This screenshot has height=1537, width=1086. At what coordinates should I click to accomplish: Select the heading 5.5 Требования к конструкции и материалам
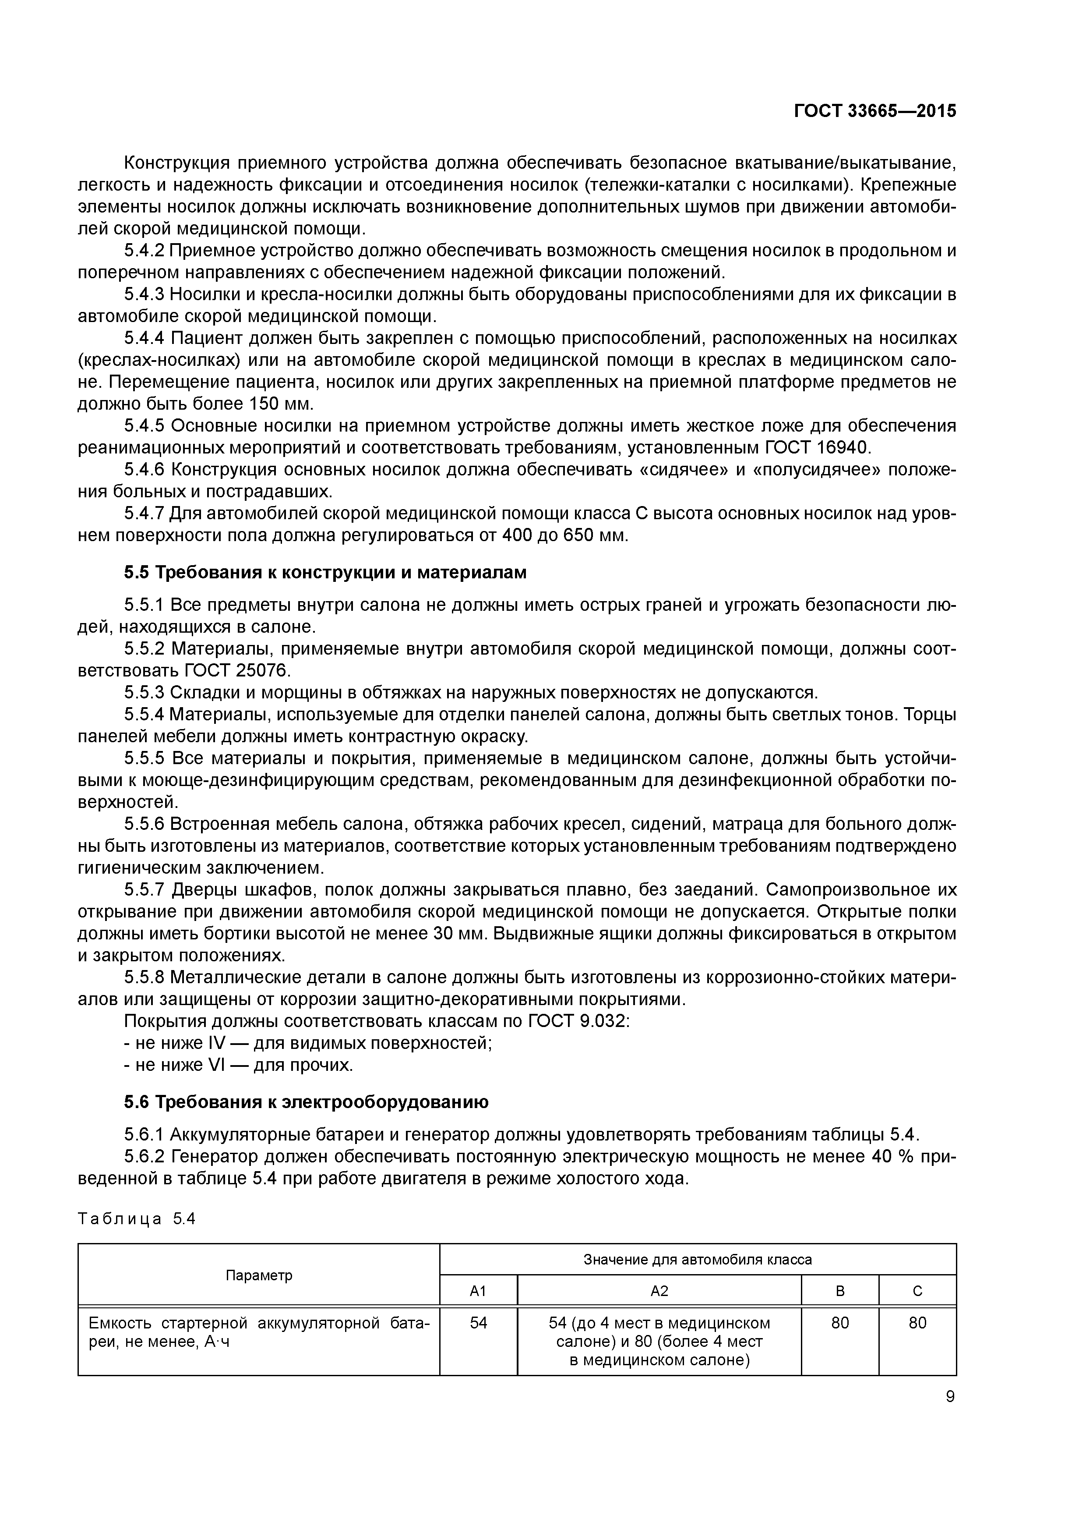[x=325, y=572]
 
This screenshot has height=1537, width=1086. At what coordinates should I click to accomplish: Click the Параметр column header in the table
[x=258, y=1275]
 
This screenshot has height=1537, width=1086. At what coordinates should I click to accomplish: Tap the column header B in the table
[x=840, y=1291]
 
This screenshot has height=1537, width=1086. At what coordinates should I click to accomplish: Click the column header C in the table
[x=917, y=1291]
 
